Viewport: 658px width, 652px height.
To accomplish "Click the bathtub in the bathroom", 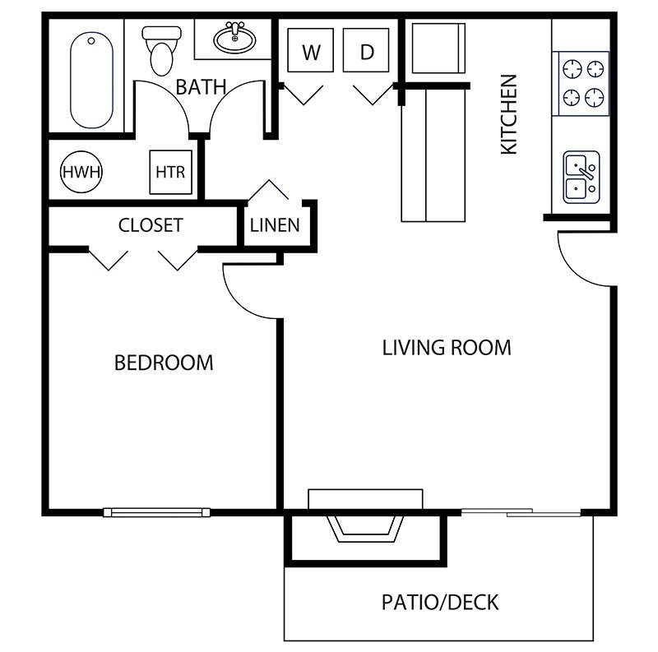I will coord(90,80).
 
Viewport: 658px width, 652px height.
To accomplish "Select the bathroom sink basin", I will coord(234,38).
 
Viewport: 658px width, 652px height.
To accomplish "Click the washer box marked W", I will coord(311,53).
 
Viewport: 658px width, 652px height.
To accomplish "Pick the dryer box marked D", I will coord(367,53).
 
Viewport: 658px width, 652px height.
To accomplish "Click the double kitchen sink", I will coord(582,177).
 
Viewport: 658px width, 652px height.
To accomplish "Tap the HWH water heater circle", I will coord(81,173).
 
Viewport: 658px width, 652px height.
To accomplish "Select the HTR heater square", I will coord(170,173).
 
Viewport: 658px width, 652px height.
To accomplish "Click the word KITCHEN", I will coord(510,114).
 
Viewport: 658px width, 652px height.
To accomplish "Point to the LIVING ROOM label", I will coord(447,348).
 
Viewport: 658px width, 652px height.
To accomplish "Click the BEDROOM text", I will coord(164,363).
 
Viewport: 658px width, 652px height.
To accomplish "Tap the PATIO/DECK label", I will coord(440,603).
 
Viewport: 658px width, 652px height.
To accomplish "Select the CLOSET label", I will coord(151,225).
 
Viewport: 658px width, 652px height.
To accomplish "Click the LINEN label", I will coord(275,225).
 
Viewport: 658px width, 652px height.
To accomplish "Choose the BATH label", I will coord(201,87).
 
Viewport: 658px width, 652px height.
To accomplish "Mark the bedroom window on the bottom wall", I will coord(156,512).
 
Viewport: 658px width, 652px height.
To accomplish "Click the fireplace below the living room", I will coord(364,526).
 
